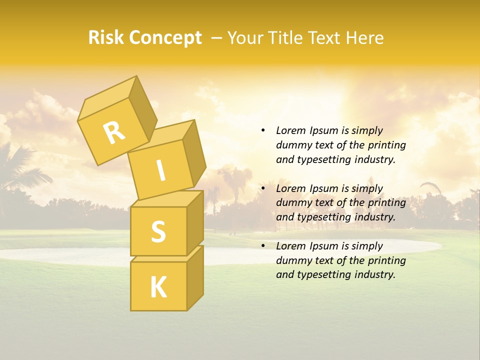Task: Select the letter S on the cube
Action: pyautogui.click(x=158, y=231)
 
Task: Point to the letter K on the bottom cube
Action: pyautogui.click(x=158, y=287)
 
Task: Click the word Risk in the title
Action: pyautogui.click(x=106, y=38)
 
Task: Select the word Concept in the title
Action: pyautogui.click(x=165, y=38)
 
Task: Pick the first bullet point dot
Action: pyautogui.click(x=263, y=130)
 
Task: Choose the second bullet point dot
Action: pyautogui.click(x=263, y=188)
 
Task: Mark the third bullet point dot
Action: pyautogui.click(x=263, y=246)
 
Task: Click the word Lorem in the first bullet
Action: pyautogui.click(x=291, y=130)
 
